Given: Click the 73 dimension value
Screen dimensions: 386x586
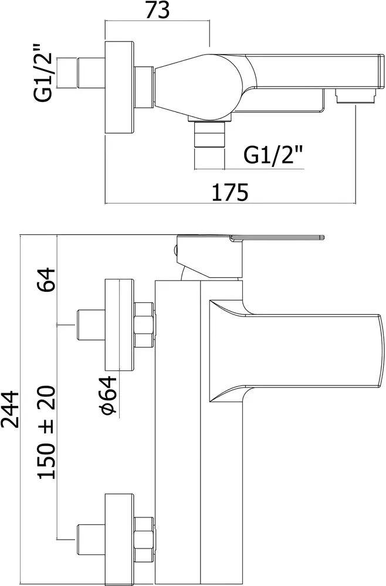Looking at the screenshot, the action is (157, 11).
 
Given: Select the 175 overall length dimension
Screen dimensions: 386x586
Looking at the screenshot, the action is (230, 192).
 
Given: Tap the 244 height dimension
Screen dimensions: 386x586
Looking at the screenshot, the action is (10, 409).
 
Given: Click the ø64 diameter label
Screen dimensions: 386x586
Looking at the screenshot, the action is (109, 396).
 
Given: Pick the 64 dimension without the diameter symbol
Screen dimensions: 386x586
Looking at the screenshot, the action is (46, 280).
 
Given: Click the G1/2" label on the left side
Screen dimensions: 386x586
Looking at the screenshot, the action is (43, 73).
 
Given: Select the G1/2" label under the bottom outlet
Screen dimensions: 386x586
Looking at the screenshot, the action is (273, 155).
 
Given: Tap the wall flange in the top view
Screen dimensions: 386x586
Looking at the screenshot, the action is (119, 87).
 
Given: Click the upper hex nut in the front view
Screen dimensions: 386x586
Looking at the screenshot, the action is (144, 325).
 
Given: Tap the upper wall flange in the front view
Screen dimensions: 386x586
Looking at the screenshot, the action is (119, 325).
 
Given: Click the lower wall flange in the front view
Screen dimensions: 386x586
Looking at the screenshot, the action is (119, 539).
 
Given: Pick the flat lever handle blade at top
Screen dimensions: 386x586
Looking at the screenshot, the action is (277, 237).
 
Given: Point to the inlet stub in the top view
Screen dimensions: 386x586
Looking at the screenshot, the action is (91, 73).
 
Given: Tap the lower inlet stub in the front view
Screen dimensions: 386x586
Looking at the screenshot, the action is (91, 538).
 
